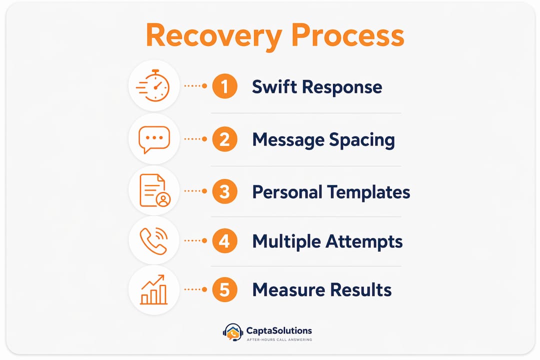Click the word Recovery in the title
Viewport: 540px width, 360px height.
[214, 36]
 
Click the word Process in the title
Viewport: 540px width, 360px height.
[348, 35]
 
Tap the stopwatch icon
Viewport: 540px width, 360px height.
[153, 85]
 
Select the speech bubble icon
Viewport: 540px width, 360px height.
[154, 139]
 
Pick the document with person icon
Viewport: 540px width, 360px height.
[154, 190]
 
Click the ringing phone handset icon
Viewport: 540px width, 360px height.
[153, 241]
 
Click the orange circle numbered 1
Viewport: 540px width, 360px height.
[224, 86]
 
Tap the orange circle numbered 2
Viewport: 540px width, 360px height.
[224, 139]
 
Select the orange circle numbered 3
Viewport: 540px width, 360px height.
[224, 191]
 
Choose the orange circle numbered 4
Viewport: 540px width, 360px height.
[224, 241]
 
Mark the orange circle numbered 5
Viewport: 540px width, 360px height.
[224, 289]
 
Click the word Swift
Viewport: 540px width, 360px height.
[274, 86]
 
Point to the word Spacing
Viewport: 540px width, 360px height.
[362, 140]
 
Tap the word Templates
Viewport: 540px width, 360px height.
[369, 192]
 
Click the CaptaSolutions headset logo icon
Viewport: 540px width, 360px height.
[233, 332]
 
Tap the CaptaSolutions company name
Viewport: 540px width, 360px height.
[279, 330]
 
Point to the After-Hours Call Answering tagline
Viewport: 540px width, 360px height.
[279, 339]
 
